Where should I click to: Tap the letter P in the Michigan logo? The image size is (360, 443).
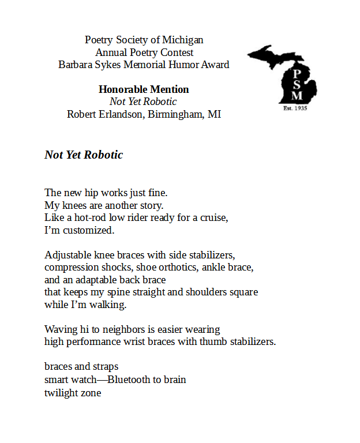point(296,74)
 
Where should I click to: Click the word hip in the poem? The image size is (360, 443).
point(88,193)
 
